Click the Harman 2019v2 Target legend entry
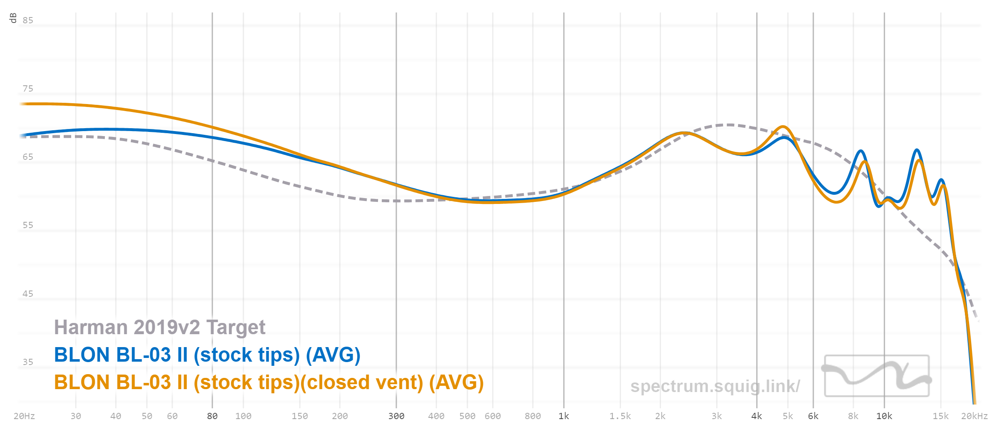coord(159,328)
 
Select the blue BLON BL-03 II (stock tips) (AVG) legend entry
coord(207,355)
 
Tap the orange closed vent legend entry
coord(268,382)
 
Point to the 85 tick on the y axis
coord(28,20)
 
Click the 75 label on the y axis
coord(28,89)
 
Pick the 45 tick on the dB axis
coord(28,294)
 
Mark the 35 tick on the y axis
coord(28,362)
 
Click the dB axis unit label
coord(13,18)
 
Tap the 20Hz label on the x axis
coord(24,416)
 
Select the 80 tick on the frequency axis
coord(212,416)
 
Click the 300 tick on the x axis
coord(396,416)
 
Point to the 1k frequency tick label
coord(564,416)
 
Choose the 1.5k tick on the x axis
coord(620,416)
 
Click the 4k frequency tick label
coord(756,416)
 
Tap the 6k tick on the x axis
coord(813,416)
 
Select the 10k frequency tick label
coord(884,416)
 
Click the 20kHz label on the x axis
coord(974,416)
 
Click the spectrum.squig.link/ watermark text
coord(715,386)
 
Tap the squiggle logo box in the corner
coord(877,376)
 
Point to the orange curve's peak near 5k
coord(783,127)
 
